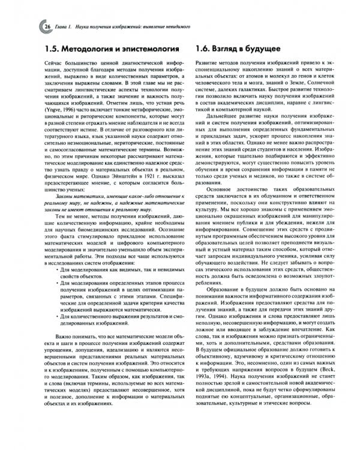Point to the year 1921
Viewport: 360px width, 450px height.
click(136, 193)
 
